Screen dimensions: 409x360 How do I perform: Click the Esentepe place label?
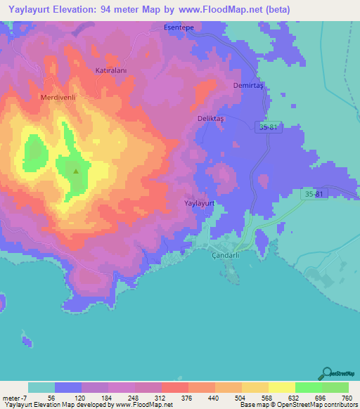click(x=178, y=27)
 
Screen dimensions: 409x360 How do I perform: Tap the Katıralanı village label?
click(x=110, y=71)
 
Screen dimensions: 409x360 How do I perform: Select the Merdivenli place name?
click(x=58, y=97)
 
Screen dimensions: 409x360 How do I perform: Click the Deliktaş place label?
click(x=210, y=119)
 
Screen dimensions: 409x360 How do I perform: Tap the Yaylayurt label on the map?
click(x=198, y=202)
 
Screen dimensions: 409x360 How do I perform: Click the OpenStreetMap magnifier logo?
click(x=326, y=372)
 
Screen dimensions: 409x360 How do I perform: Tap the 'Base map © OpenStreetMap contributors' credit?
click(x=298, y=405)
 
